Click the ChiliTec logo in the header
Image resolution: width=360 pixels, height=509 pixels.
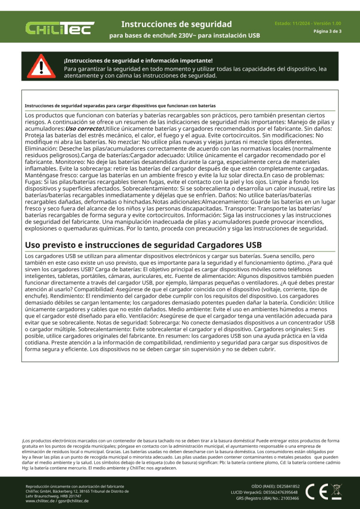point(60,29)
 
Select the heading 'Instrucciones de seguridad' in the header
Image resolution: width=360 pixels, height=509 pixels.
point(177,24)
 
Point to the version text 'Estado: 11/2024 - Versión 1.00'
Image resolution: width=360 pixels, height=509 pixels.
point(308,23)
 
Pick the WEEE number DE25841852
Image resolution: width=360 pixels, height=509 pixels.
point(285,487)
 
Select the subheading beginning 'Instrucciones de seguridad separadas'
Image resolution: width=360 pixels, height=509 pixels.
point(120,106)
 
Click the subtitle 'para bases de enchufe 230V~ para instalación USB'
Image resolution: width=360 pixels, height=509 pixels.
point(184,36)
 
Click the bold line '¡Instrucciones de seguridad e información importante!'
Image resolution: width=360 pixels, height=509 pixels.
point(138,61)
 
